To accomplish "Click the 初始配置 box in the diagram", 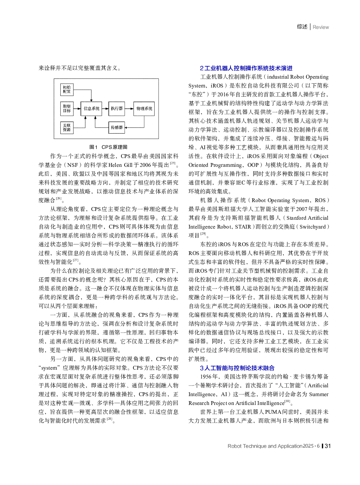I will tap(67, 89).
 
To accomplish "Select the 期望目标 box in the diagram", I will tap(67, 108).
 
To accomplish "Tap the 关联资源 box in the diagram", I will tap(67, 127).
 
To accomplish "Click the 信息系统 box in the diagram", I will tap(91, 108).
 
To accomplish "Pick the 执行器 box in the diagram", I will tap(116, 108).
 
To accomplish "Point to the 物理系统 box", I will tap(144, 108).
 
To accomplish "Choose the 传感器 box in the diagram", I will tap(116, 127).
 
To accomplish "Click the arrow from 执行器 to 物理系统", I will tap(129, 108).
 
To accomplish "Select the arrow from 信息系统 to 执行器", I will tap(105, 108).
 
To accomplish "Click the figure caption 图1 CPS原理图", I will tap(108, 147).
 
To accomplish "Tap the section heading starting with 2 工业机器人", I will tap(246, 68).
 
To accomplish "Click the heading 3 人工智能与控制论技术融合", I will tap(237, 368).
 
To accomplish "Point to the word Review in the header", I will tap(320, 27).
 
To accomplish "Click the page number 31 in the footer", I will tap(328, 446).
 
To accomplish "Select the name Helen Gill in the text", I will tap(120, 165).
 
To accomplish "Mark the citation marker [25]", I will tap(173, 163).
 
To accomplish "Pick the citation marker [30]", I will tap(287, 401).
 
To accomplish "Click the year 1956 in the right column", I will tap(206, 377).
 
